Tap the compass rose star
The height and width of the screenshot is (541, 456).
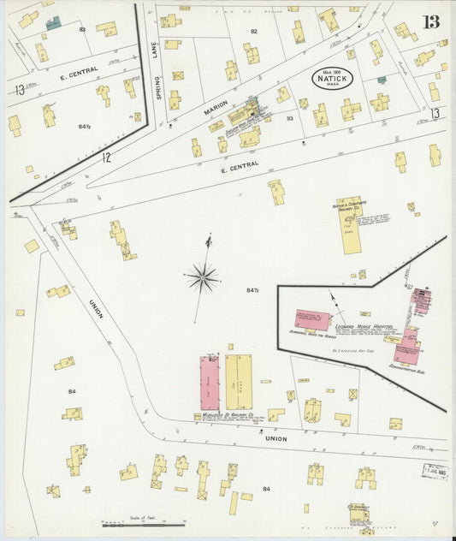click(x=203, y=276)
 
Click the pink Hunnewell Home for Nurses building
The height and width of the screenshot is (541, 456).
click(x=312, y=320)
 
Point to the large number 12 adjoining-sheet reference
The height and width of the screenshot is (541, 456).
click(x=106, y=158)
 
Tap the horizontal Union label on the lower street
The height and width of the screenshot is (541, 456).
click(x=275, y=438)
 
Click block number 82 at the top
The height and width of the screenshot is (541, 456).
click(x=253, y=31)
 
